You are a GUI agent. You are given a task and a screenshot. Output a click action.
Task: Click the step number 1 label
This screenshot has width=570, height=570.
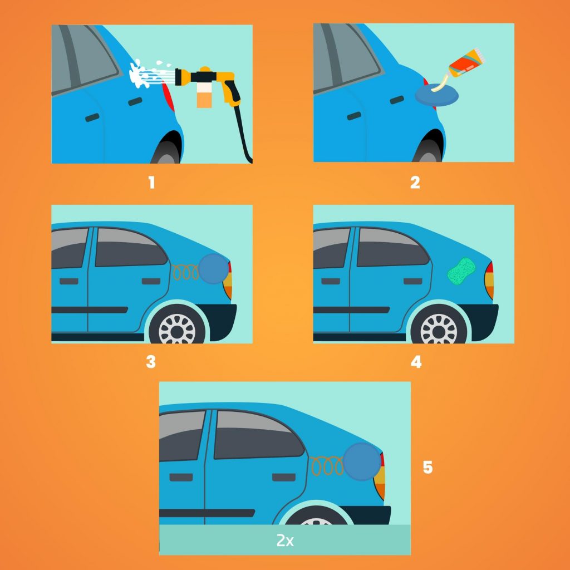click(x=151, y=183)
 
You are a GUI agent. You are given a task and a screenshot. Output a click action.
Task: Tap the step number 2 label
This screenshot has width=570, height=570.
click(x=415, y=183)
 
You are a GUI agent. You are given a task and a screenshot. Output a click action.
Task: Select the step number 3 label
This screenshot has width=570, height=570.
click(x=150, y=362)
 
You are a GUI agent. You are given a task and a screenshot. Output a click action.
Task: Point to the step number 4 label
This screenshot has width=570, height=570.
click(x=415, y=362)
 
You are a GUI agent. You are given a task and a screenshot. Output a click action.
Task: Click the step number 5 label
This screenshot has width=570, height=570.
click(x=427, y=468)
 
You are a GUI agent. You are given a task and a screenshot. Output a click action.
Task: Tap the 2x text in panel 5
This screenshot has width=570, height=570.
click(x=284, y=540)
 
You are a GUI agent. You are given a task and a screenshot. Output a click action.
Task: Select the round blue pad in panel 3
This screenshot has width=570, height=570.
click(x=214, y=268)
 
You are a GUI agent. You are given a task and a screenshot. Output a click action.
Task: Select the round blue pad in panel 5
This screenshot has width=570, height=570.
click(x=362, y=461)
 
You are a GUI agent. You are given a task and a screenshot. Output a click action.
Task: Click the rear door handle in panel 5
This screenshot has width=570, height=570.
click(x=282, y=477)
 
